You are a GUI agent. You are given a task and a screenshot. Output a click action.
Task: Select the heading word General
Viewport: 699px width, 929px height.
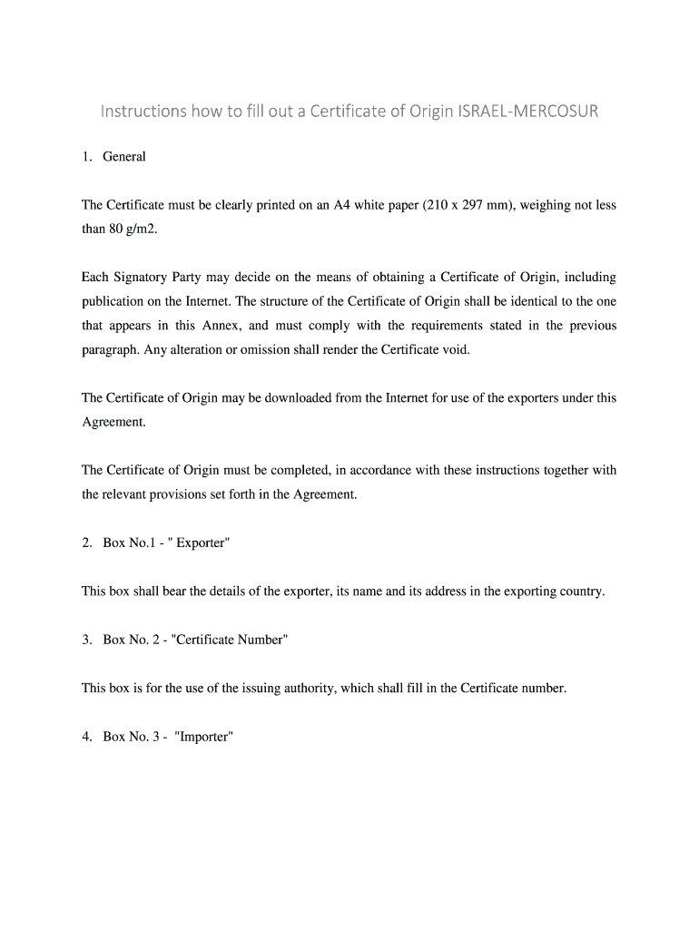(x=124, y=157)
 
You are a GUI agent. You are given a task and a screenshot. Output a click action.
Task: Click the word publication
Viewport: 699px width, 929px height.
(x=113, y=301)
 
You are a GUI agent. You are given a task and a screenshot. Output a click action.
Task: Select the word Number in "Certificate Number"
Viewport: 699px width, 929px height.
(x=260, y=640)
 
